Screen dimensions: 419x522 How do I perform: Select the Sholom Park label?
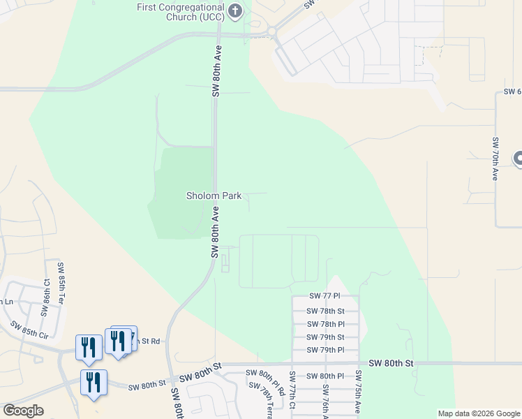click(214, 196)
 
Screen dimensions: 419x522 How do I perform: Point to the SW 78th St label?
click(326, 311)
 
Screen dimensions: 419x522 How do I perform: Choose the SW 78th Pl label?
click(326, 324)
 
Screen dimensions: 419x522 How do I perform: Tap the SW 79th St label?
click(326, 337)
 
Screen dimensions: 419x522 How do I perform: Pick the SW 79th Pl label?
click(326, 349)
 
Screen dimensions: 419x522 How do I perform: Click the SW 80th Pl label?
click(326, 376)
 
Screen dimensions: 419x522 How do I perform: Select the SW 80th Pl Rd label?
click(266, 383)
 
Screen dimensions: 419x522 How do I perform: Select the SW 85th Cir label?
click(29, 329)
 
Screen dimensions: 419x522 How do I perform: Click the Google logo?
click(23, 411)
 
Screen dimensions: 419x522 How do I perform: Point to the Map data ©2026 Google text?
click(479, 413)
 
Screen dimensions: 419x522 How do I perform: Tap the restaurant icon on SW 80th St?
click(94, 383)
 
